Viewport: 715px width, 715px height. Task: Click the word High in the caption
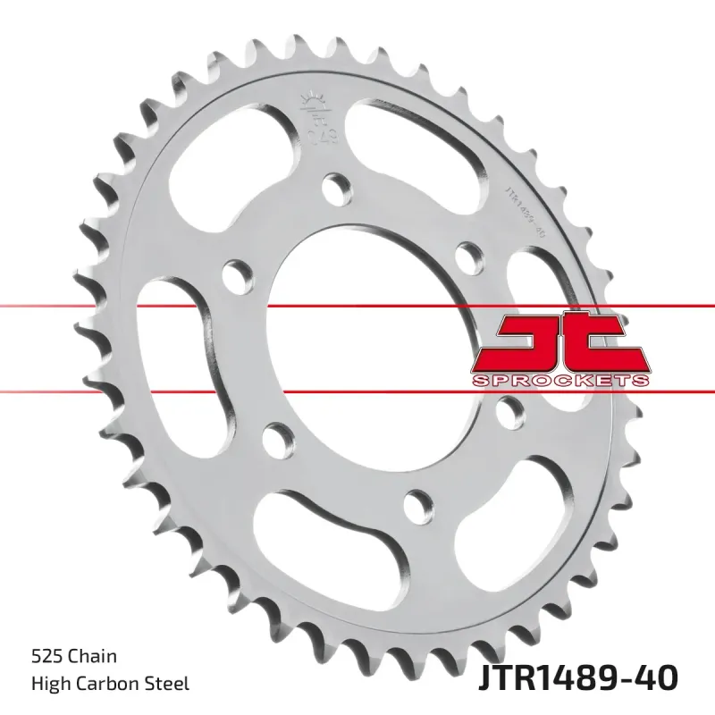pyautogui.click(x=49, y=685)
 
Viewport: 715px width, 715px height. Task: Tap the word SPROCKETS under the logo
pyautogui.click(x=559, y=382)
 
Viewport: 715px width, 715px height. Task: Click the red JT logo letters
pyautogui.click(x=559, y=343)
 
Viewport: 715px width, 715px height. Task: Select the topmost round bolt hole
pyautogui.click(x=337, y=186)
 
